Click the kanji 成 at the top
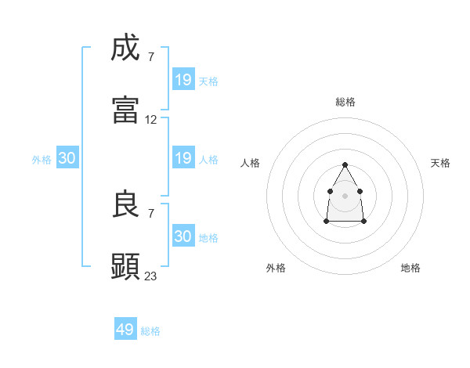126,49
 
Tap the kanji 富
126,110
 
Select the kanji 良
126,205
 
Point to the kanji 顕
126,266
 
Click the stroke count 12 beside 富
151,120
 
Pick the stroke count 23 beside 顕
151,276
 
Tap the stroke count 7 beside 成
151,57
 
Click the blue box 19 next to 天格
183,80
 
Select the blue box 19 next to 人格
183,159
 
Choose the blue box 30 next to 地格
183,236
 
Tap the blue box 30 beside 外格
67,159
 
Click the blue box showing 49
125,330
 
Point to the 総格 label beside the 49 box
150,331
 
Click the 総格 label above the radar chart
345,102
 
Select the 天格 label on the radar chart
440,163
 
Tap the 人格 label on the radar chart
251,163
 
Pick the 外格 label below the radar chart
276,268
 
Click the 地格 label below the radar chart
410,268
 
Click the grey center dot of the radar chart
345,194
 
